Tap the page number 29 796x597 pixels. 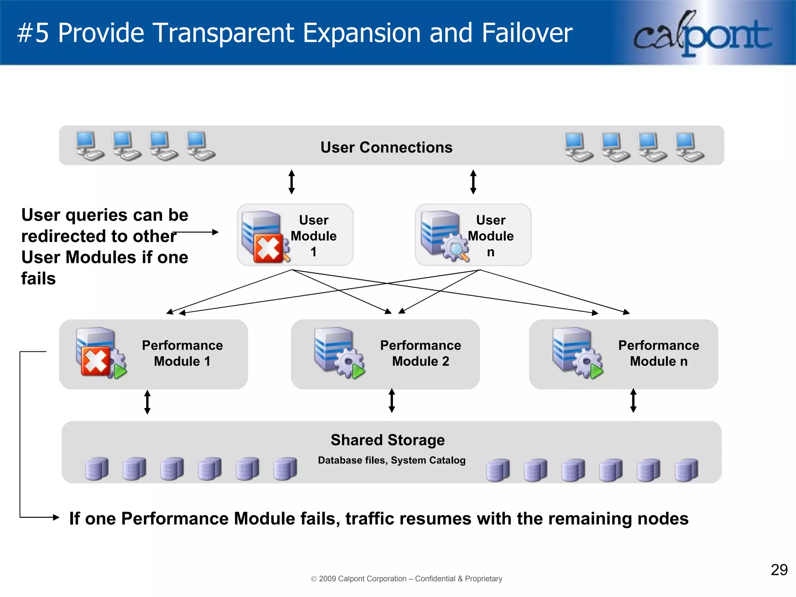pos(779,570)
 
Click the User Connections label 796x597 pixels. pos(386,147)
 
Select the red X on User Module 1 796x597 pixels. pos(268,248)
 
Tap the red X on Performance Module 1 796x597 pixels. pos(95,361)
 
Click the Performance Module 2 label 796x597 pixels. pos(421,353)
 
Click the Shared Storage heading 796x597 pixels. pos(388,440)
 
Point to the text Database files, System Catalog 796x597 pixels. pos(391,460)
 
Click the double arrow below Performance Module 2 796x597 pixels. pos(392,400)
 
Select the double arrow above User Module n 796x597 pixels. pos(473,182)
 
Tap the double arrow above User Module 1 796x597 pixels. pos(292,182)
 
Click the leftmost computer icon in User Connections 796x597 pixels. pos(89,146)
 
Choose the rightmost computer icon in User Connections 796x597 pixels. pos(689,147)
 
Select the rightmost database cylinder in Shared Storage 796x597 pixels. pos(686,470)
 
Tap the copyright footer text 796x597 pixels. pos(407,578)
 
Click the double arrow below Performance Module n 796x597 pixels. pos(633,400)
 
